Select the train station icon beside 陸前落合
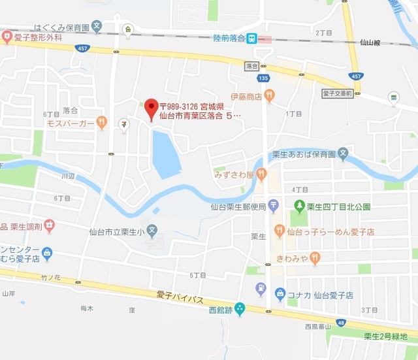[x=253, y=39]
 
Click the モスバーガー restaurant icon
[x=101, y=122]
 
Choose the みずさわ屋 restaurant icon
[x=261, y=174]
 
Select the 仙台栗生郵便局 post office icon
[x=274, y=207]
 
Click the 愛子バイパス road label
[x=180, y=298]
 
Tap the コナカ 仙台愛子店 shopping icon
[x=280, y=294]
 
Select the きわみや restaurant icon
[x=315, y=257]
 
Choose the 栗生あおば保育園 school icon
[x=344, y=155]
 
